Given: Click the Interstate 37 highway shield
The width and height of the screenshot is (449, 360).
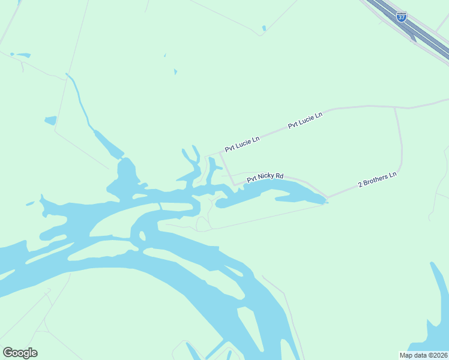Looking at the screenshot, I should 402,17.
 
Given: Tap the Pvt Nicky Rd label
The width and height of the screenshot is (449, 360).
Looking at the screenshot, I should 265,177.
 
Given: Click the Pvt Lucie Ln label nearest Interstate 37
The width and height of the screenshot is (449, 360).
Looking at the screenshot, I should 305,120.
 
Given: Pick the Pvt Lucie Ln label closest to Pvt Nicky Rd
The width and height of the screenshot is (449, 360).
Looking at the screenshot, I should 243,143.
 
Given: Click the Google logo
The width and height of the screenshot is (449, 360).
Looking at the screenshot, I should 20,353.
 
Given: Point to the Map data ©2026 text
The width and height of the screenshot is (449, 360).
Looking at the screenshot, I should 424,355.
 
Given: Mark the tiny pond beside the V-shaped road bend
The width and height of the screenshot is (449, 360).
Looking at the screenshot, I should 264,28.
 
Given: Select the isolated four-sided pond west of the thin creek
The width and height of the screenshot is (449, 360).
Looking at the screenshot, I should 50,120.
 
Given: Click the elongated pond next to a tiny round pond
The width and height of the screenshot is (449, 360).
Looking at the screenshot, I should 23,55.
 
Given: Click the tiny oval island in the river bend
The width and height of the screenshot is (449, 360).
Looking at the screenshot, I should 142,236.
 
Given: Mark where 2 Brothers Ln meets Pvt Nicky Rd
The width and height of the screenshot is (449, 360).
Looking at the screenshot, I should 328,196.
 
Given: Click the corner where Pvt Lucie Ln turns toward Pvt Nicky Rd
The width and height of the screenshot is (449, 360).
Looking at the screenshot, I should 221,153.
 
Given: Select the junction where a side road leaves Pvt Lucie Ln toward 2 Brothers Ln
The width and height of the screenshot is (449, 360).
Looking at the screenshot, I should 394,108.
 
